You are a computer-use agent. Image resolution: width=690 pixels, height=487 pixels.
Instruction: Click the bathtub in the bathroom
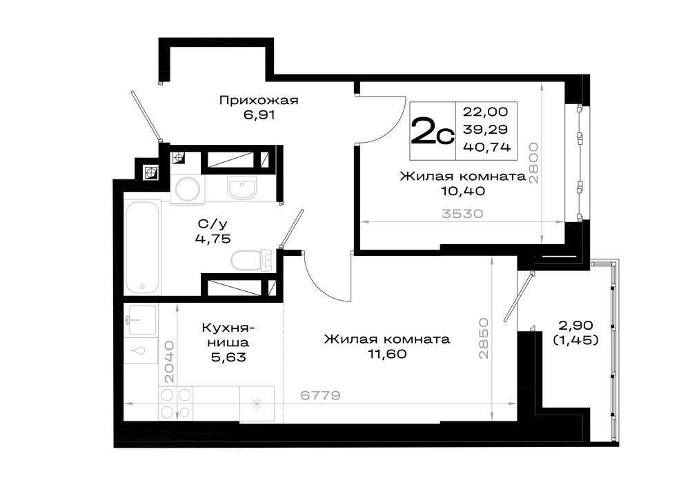[142, 247]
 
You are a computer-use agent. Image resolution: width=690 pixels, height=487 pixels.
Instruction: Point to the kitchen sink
[140, 320]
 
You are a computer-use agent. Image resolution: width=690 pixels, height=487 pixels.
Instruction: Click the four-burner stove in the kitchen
[176, 404]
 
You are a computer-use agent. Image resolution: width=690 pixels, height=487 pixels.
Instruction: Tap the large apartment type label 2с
[432, 131]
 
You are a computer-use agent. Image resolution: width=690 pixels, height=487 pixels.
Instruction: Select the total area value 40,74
[486, 146]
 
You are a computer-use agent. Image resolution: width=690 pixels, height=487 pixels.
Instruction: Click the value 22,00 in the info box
[485, 112]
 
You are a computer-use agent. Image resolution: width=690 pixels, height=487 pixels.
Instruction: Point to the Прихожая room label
[259, 100]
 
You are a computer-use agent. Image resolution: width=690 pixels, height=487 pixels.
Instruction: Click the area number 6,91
[259, 115]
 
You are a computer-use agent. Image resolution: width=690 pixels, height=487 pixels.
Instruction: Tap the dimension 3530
[462, 214]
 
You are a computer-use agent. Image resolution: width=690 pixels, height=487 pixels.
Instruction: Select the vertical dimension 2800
[534, 163]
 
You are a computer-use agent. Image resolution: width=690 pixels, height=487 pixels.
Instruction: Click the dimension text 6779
[320, 395]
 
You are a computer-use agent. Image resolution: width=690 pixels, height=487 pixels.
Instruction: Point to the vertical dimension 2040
[170, 361]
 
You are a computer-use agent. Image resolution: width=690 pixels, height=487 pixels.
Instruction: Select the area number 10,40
[463, 191]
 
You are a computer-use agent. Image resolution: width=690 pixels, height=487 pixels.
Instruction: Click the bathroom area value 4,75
[213, 239]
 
